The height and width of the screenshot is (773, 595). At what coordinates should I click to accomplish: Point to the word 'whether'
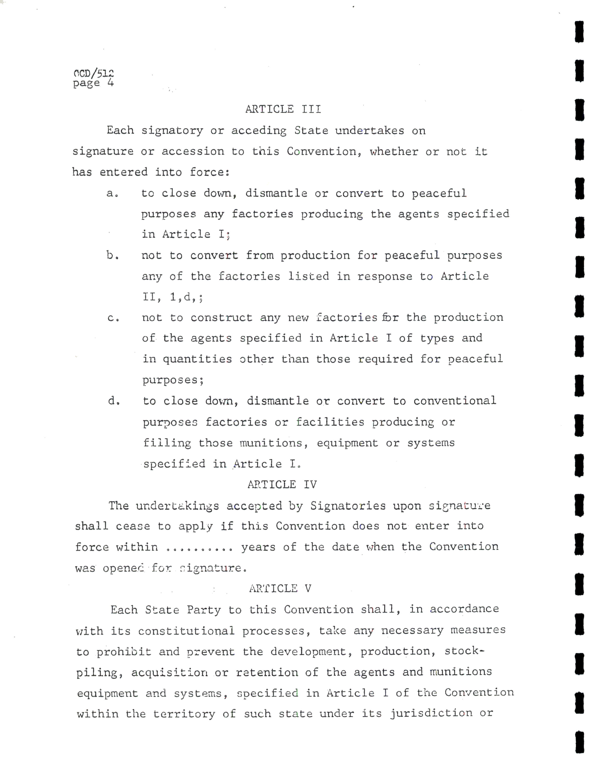click(x=394, y=152)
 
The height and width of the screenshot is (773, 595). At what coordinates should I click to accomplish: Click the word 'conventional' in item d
click(x=455, y=401)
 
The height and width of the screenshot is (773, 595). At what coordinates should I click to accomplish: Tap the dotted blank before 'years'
click(x=199, y=548)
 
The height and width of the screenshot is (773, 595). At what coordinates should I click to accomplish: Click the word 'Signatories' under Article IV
click(x=348, y=506)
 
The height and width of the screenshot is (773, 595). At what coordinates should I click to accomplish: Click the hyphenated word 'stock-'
click(x=464, y=651)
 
